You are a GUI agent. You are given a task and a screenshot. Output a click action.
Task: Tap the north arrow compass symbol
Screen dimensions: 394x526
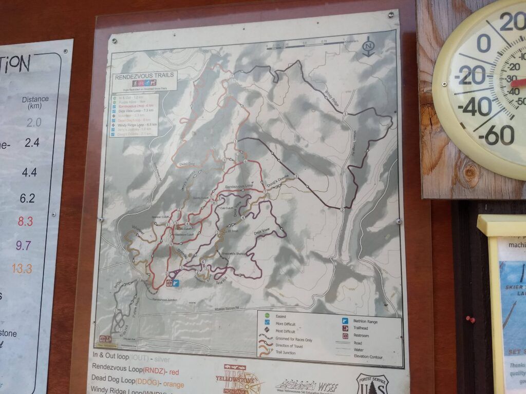point(368,46)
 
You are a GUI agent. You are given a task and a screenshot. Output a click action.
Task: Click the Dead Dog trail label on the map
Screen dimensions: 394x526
point(189,164)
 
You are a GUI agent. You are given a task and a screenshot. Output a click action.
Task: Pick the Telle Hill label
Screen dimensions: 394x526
point(221,275)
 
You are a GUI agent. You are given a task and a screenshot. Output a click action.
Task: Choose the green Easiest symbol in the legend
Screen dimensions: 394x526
point(266,316)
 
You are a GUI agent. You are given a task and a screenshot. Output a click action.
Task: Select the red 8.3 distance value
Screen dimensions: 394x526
point(25,222)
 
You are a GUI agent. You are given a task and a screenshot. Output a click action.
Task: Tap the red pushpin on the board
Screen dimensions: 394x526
point(469,319)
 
